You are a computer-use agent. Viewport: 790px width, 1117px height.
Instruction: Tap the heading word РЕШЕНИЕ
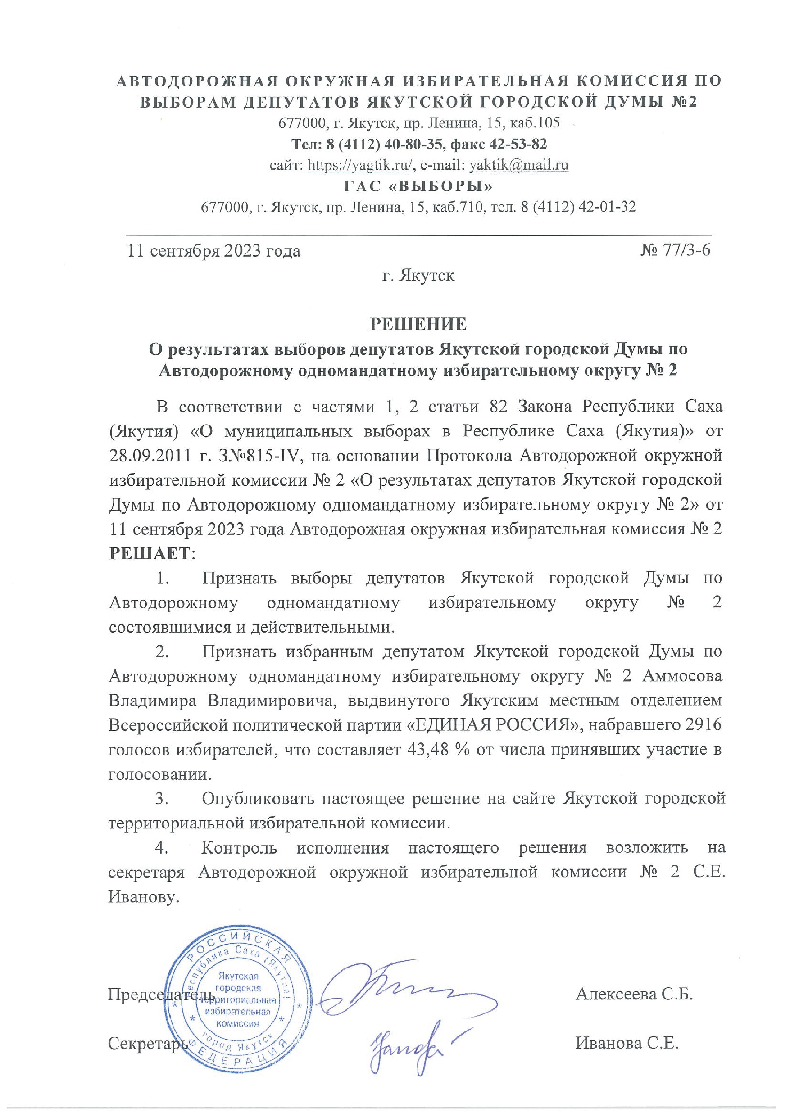coord(418,324)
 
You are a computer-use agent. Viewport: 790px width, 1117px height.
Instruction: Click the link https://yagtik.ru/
coord(361,165)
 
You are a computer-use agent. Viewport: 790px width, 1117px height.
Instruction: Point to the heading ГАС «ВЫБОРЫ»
coord(418,186)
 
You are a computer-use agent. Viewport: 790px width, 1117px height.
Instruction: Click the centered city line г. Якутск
coord(418,276)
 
